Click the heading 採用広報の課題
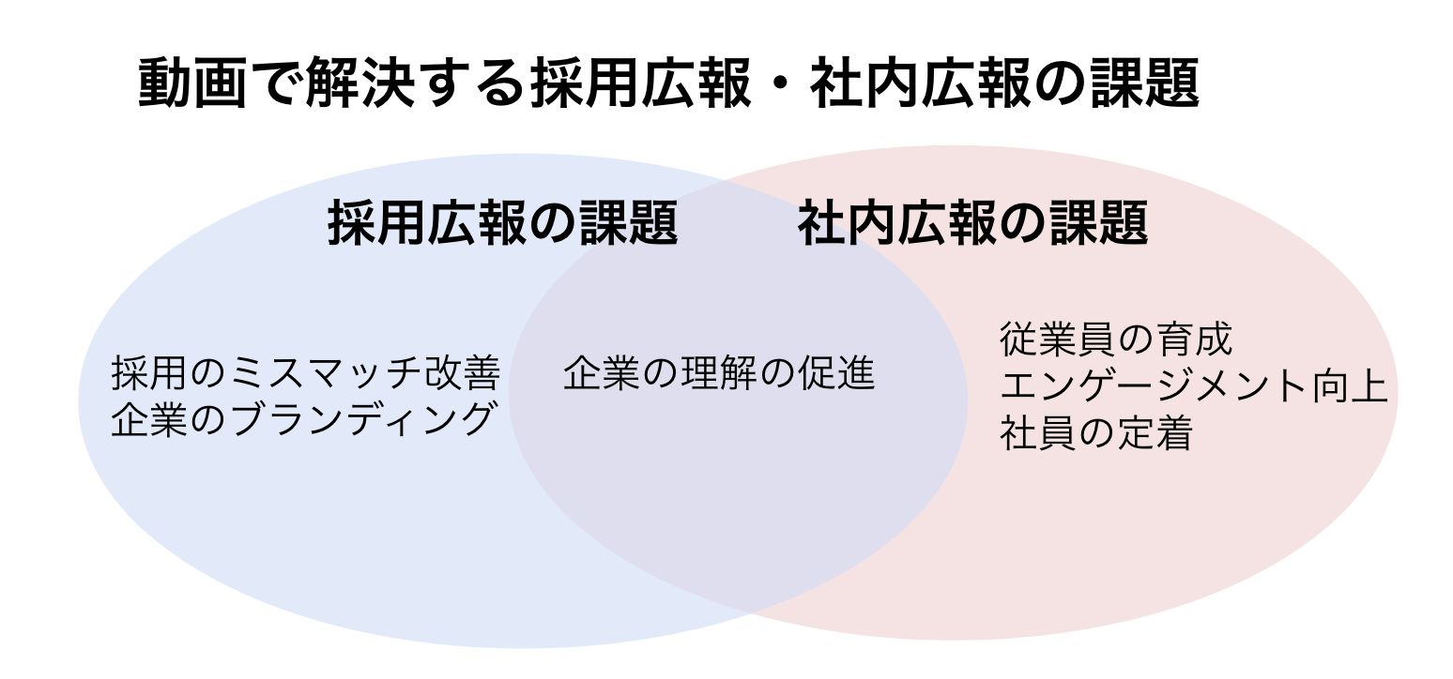pos(503,225)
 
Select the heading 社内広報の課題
pos(972,225)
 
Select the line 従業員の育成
pos(1115,339)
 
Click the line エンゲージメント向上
pos(1193,386)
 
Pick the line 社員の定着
pos(1095,434)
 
